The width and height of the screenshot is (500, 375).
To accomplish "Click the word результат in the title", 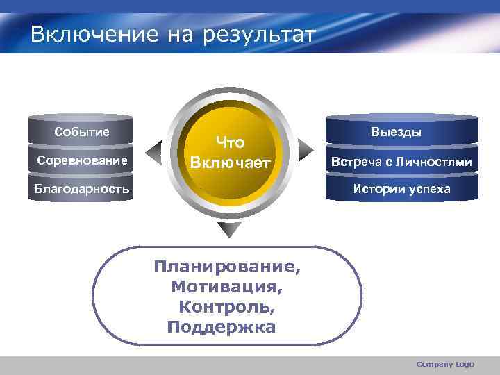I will [259, 34].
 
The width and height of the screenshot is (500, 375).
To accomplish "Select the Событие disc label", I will [82, 132].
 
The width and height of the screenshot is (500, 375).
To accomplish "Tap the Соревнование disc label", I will [82, 161].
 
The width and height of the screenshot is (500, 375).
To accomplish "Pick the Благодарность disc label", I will [82, 189].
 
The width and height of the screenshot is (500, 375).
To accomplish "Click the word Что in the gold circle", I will [230, 143].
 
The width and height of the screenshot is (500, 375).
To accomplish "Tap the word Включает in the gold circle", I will [230, 163].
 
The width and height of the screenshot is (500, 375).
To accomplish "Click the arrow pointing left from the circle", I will [151, 149].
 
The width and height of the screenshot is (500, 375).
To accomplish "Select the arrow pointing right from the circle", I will [306, 148].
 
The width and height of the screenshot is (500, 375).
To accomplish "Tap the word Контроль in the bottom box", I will [226, 306].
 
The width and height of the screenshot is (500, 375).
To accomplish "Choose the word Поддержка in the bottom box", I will [222, 326].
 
